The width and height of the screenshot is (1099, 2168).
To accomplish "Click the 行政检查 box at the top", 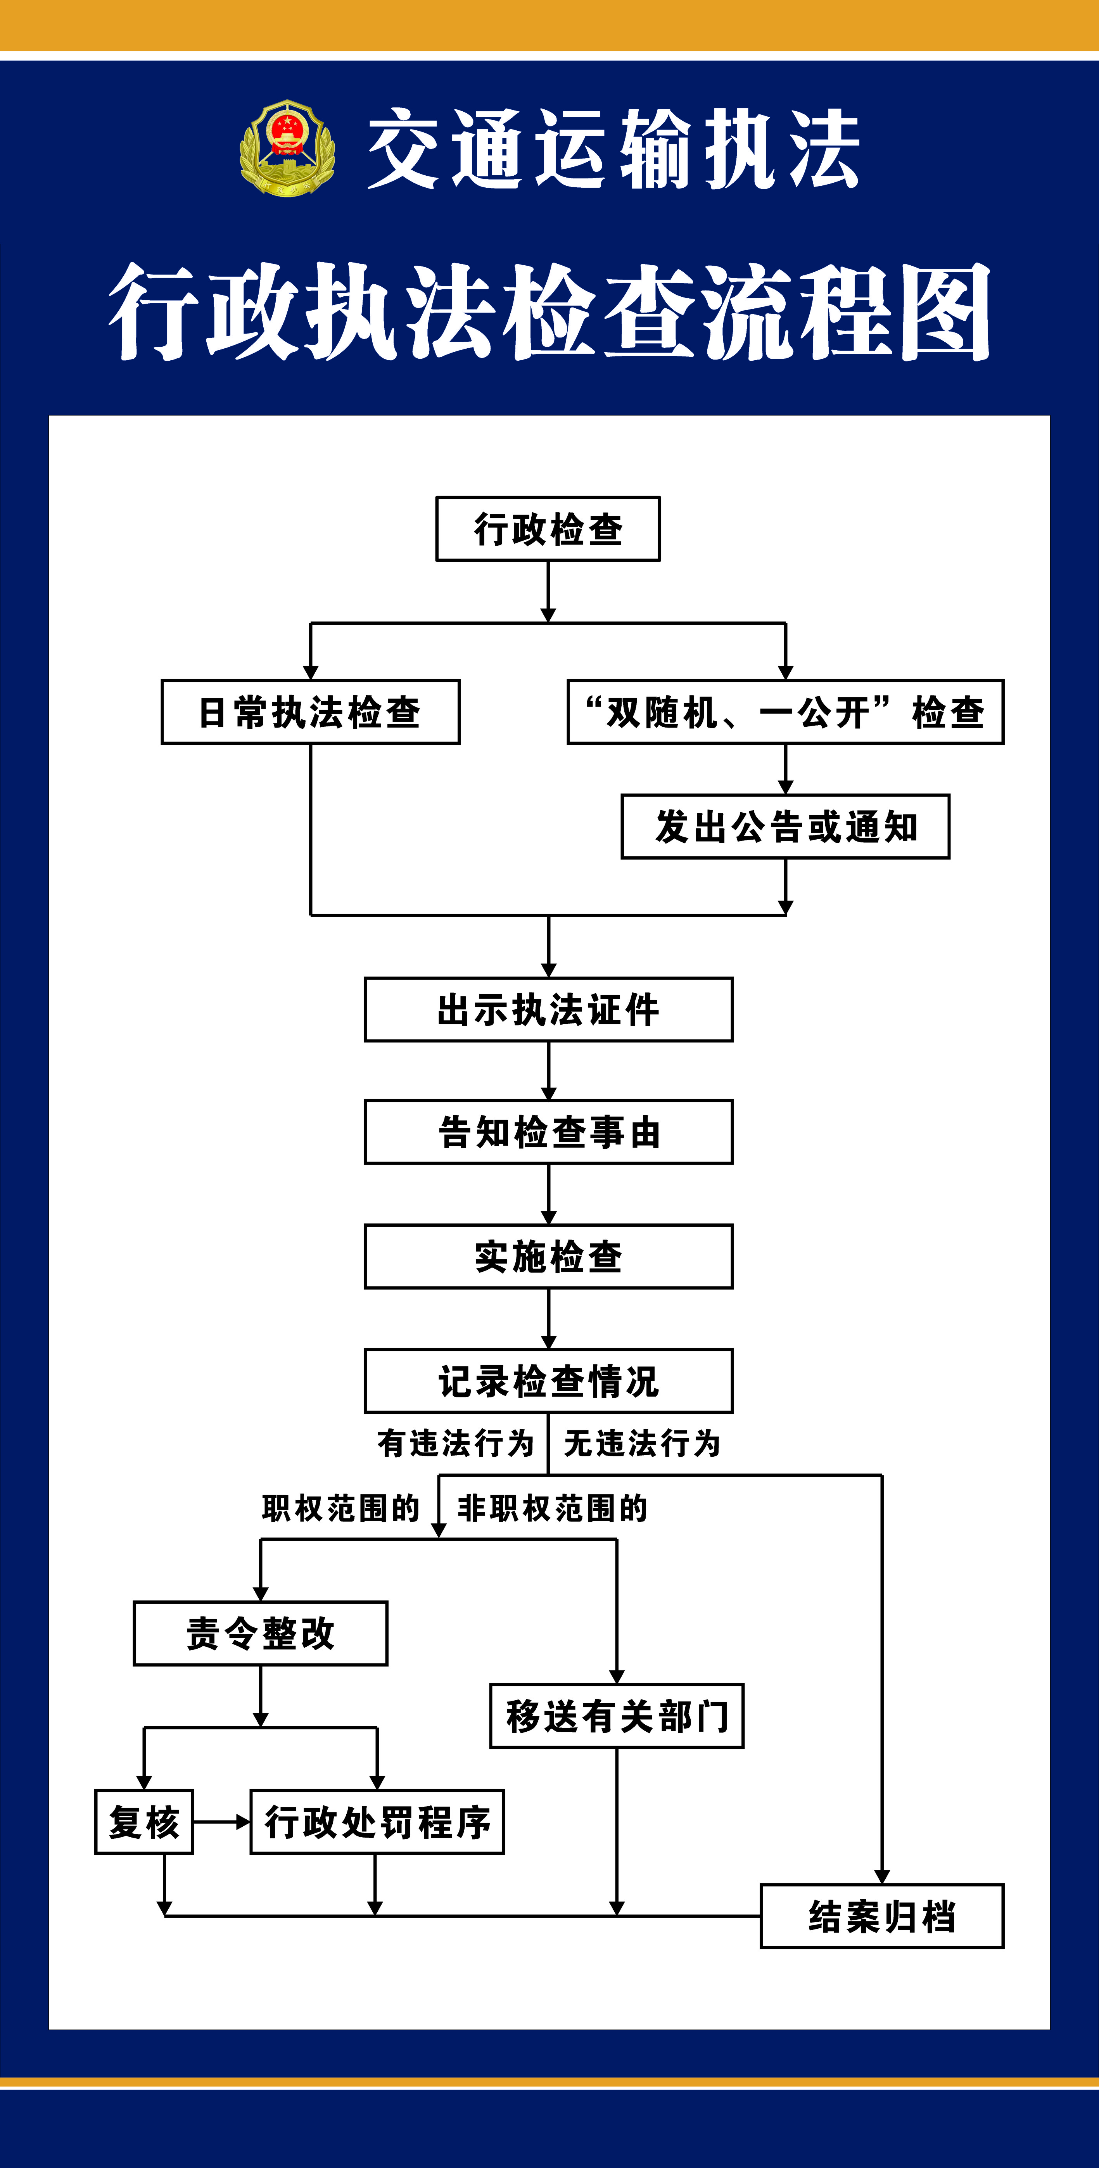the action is pyautogui.click(x=548, y=529).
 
